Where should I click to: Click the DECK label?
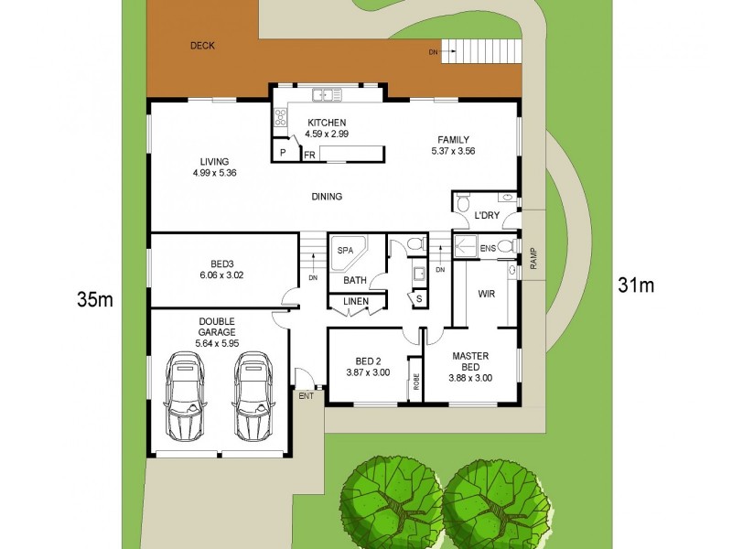(202, 46)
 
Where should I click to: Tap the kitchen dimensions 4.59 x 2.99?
(327, 134)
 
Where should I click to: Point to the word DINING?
(327, 196)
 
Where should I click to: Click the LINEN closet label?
(355, 302)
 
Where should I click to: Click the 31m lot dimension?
(637, 285)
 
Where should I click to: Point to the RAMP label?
(533, 258)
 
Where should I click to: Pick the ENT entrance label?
(305, 396)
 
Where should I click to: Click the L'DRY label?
(485, 216)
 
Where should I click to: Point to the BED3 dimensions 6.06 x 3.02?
(221, 274)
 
